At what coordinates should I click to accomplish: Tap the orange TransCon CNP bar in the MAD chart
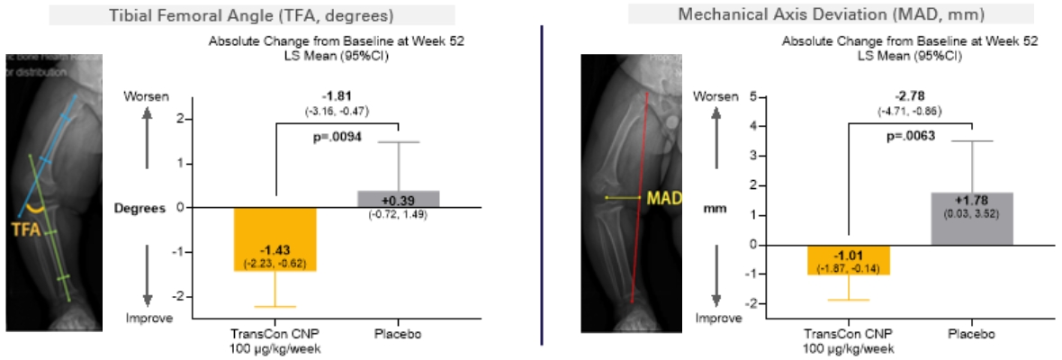(x=848, y=259)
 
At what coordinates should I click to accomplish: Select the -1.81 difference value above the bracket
(x=337, y=95)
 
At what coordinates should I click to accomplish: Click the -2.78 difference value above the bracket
(x=910, y=95)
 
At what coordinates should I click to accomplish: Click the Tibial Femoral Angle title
(x=238, y=14)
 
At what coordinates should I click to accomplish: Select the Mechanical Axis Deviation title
(x=806, y=14)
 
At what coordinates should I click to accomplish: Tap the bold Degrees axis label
(x=141, y=208)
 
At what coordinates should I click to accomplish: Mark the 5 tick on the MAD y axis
(x=751, y=96)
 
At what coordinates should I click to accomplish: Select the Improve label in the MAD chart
(x=717, y=319)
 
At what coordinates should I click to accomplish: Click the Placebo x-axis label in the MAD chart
(x=971, y=333)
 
